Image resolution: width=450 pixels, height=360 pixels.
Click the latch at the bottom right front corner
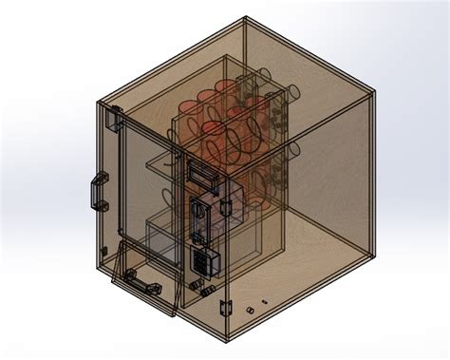coord(225,307)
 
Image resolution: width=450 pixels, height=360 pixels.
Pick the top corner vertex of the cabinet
coord(243,18)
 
